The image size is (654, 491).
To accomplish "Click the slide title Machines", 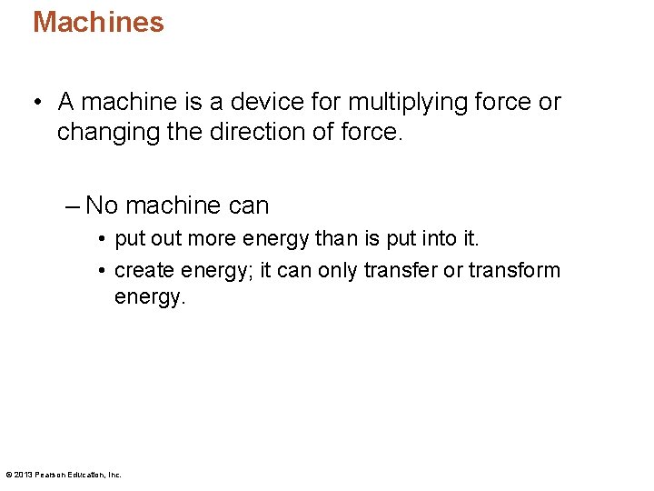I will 98,22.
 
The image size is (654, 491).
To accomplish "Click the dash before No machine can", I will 74,205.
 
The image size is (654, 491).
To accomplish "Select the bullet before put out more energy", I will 104,241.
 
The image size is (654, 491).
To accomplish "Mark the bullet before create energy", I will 104,271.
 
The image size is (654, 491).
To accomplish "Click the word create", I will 144,271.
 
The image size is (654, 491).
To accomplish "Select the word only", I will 339,271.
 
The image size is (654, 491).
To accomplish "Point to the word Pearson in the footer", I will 49,475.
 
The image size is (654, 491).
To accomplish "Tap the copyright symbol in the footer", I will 8,475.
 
